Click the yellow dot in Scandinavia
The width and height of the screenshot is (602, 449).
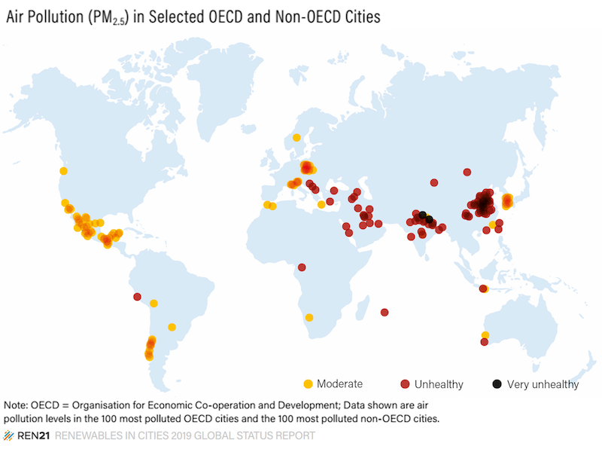pos(296,137)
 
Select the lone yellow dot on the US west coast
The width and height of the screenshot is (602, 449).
pos(63,171)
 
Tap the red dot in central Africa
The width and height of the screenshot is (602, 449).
pos(302,267)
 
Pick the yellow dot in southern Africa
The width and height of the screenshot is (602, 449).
pos(309,317)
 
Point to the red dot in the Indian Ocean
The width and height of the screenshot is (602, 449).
pos(385,312)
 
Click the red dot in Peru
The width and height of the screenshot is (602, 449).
pos(137,296)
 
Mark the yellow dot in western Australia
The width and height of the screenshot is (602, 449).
pos(485,334)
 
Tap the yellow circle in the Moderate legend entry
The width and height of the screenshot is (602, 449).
pos(307,383)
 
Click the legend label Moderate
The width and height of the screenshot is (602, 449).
pos(340,384)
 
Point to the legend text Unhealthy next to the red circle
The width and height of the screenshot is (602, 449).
pos(438,384)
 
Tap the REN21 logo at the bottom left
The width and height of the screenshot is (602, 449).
pos(25,436)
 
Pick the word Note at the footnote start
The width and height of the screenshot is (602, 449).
pos(17,404)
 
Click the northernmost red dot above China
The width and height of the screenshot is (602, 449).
pos(467,172)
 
